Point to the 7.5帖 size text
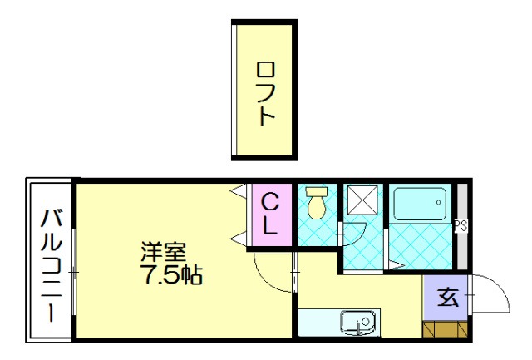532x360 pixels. [172, 275]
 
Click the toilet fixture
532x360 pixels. [316, 204]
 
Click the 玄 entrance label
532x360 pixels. [448, 297]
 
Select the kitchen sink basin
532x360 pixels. [358, 320]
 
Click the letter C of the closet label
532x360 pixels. [271, 200]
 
